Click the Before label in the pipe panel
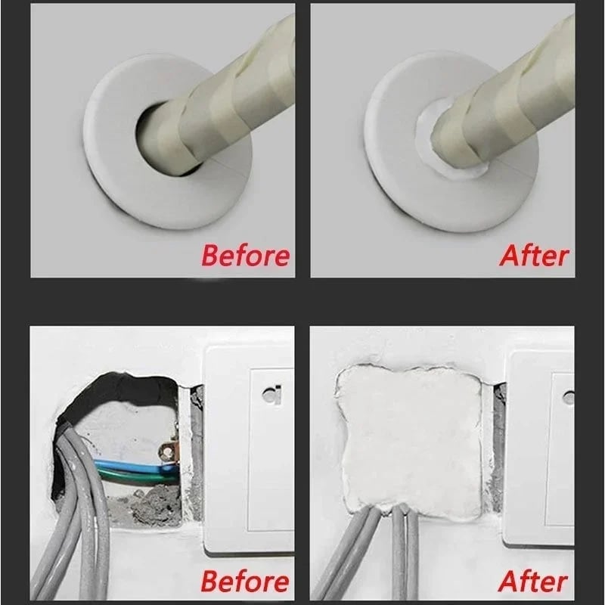[244, 255]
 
